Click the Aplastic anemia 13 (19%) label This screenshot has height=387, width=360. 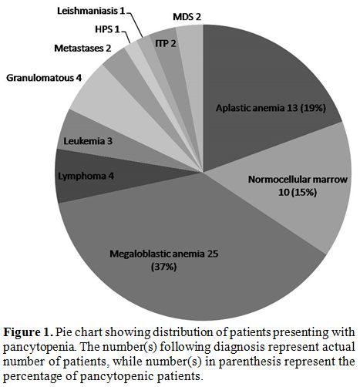(271, 108)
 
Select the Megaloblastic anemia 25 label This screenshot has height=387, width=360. (164, 254)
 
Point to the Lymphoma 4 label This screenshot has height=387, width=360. (86, 177)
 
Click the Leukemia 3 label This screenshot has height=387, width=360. (88, 141)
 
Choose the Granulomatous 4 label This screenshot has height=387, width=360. (44, 78)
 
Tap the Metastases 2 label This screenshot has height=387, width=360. (82, 48)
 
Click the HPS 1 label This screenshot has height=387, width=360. (107, 29)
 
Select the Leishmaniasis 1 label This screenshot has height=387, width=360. (91, 11)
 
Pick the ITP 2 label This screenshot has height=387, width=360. (166, 43)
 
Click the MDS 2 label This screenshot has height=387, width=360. (187, 17)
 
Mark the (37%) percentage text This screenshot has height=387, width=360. (164, 267)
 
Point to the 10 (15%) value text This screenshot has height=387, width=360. (298, 193)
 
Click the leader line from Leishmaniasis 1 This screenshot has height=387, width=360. (135, 24)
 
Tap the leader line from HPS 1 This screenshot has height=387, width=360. (126, 36)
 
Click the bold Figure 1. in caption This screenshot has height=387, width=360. (28, 332)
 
